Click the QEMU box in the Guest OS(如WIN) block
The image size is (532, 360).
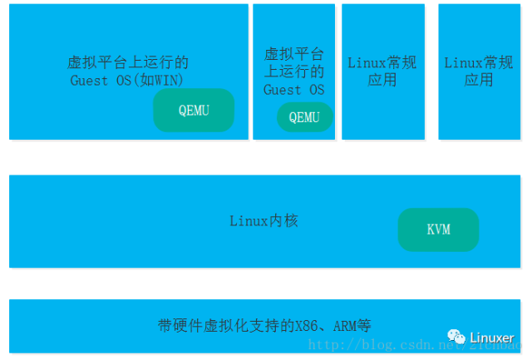click(194, 111)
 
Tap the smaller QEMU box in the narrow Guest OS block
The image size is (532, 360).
click(304, 117)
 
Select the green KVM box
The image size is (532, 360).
click(438, 229)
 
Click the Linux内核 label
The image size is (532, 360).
click(264, 221)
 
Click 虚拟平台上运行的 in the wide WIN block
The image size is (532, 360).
click(128, 62)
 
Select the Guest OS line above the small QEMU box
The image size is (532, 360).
click(293, 89)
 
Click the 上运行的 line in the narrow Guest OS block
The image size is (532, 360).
click(293, 72)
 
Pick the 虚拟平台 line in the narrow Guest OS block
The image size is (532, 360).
click(293, 54)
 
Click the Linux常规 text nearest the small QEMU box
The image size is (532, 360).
click(382, 62)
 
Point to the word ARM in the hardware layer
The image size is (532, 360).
click(346, 325)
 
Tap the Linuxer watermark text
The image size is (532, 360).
click(492, 338)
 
